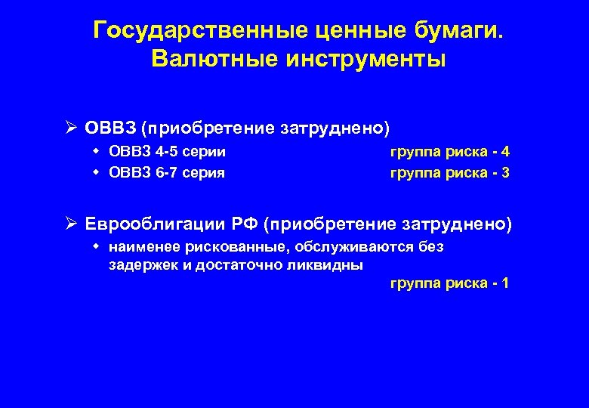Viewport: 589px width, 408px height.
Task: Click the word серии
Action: click(x=205, y=152)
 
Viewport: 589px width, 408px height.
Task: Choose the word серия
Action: click(x=205, y=172)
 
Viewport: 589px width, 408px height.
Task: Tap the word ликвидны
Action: click(x=331, y=265)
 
